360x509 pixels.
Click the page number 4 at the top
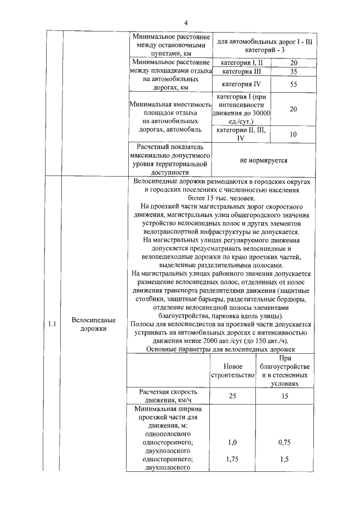[x=185, y=22]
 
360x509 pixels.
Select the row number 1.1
[x=52, y=324]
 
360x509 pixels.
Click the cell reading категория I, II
[x=241, y=62]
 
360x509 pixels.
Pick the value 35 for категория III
[x=293, y=72]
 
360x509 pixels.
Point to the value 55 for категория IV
[x=293, y=84]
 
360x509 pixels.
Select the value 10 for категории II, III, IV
[x=293, y=134]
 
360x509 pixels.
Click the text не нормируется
[x=263, y=160]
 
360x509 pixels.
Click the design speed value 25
[x=233, y=396]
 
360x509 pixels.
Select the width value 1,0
[x=233, y=443]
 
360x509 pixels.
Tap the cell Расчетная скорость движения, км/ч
[x=169, y=396]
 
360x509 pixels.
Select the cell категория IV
[x=241, y=84]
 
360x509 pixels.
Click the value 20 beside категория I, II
[x=293, y=62]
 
